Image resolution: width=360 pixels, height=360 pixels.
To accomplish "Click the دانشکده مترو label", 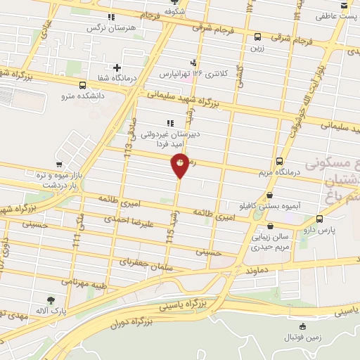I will [82, 95].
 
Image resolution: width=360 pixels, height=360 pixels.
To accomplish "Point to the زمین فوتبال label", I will [302, 337].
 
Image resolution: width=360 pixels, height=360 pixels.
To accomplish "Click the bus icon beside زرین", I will [257, 37].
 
